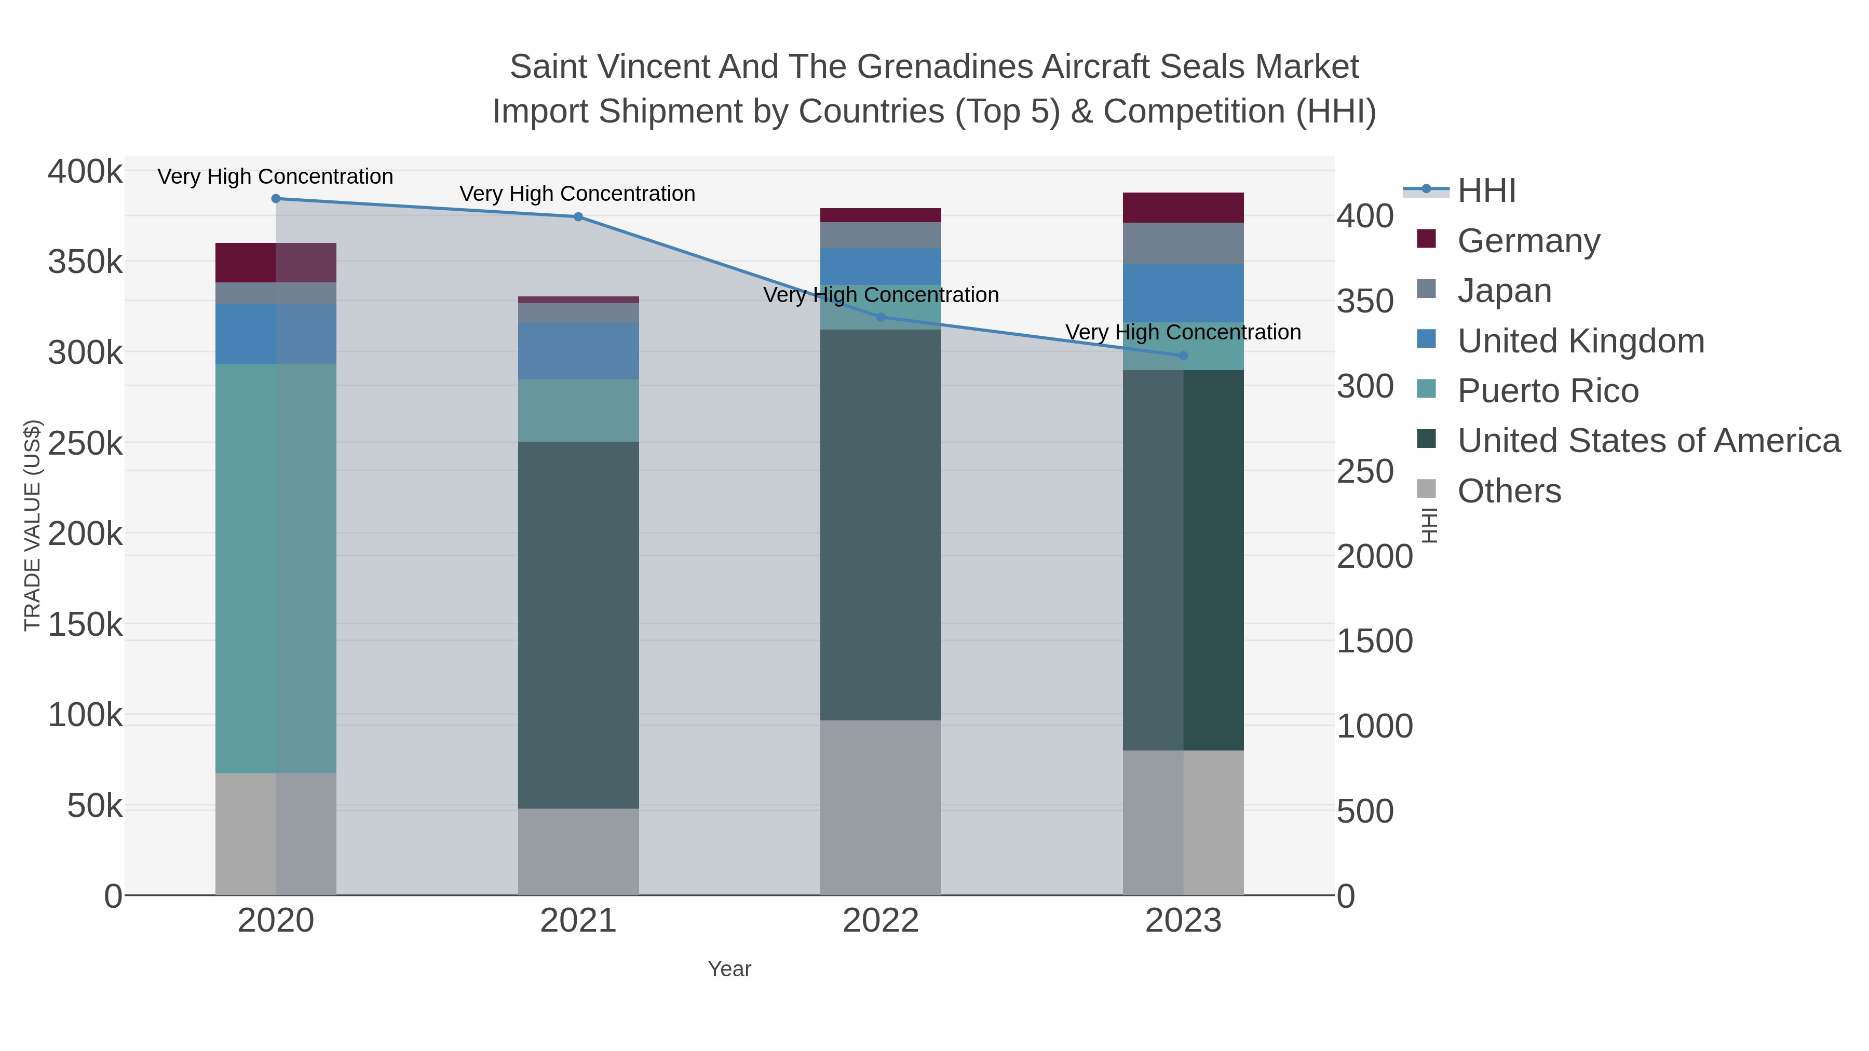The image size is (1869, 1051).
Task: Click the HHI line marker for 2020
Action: (x=276, y=199)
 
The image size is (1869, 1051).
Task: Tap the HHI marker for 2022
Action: (x=881, y=317)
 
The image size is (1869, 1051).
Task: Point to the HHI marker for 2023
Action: (x=1183, y=356)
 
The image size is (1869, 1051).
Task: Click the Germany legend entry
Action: (x=1528, y=241)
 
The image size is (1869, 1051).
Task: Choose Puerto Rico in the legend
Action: (x=1548, y=391)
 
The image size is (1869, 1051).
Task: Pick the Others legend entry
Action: (x=1508, y=491)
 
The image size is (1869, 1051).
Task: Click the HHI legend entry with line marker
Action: (x=1486, y=191)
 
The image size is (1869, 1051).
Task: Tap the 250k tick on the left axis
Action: (x=86, y=443)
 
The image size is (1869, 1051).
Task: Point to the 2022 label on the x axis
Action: (x=881, y=921)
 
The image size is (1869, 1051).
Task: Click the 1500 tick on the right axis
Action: (x=1374, y=641)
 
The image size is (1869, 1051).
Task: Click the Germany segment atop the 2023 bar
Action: (x=1183, y=208)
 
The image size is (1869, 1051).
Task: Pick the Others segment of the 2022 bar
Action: (x=881, y=807)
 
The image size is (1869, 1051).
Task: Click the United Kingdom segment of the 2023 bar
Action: (x=1183, y=293)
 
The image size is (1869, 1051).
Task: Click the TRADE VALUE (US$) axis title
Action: (x=33, y=525)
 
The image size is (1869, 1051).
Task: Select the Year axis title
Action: (x=729, y=969)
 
